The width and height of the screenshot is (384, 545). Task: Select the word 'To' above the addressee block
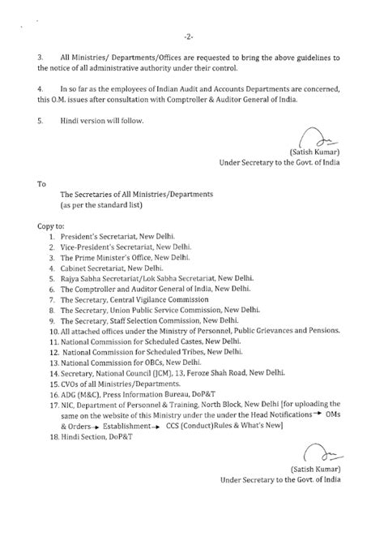[42, 183]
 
